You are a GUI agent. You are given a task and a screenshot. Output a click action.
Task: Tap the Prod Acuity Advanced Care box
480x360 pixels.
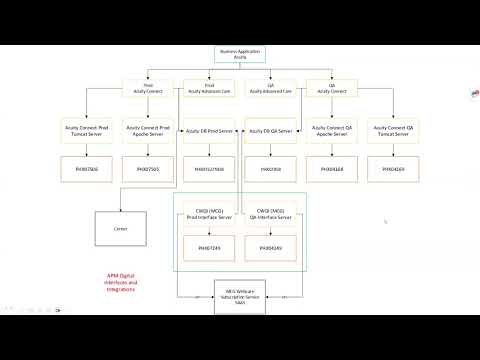pos(209,88)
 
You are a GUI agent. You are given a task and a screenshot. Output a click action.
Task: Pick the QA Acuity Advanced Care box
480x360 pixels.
pos(271,88)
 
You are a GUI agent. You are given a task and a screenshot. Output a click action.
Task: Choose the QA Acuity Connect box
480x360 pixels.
pos(332,88)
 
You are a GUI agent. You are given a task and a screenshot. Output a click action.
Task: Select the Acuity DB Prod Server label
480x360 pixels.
pos(210,130)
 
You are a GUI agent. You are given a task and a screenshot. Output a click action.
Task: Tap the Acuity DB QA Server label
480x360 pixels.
pos(271,130)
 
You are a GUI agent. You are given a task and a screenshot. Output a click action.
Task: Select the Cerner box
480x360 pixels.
pos(119,228)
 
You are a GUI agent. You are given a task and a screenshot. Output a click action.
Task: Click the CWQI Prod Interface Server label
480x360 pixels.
pos(210,215)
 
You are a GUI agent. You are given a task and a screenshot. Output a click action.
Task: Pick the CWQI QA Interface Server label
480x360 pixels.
pos(270,215)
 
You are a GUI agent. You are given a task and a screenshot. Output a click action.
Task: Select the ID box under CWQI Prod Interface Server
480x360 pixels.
pos(210,247)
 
